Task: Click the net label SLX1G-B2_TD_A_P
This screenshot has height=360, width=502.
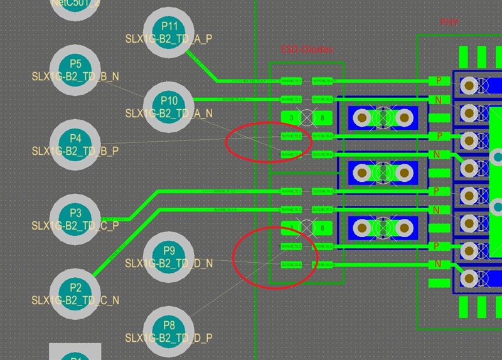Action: pos(169,39)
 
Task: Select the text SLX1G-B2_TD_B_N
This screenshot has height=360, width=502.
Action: pos(75,77)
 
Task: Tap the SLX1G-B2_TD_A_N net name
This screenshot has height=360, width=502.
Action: pos(169,114)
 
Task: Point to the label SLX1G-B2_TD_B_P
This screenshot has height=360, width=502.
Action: pos(75,151)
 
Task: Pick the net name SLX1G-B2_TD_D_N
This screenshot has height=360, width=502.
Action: pos(169,263)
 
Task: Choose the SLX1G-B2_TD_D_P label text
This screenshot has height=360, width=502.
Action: pos(169,338)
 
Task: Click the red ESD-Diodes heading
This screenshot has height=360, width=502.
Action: pos(306,49)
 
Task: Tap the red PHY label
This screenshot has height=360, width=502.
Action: pos(449,23)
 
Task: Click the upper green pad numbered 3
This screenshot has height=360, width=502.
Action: pos(292,117)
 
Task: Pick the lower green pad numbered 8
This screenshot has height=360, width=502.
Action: pos(322,228)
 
